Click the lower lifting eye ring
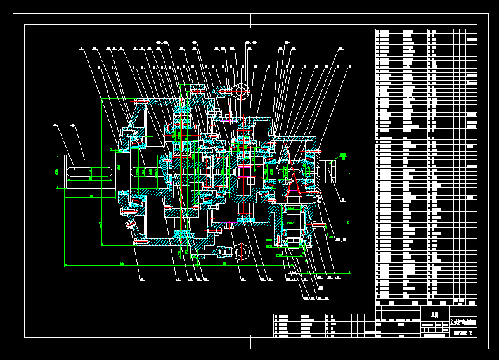(241, 252)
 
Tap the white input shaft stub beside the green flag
(330, 172)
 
